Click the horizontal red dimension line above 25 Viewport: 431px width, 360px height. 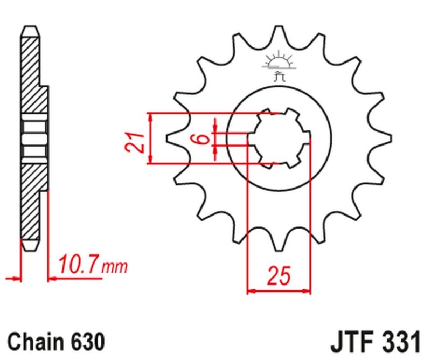tap(279, 293)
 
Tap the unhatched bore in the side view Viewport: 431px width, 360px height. tap(34, 139)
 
